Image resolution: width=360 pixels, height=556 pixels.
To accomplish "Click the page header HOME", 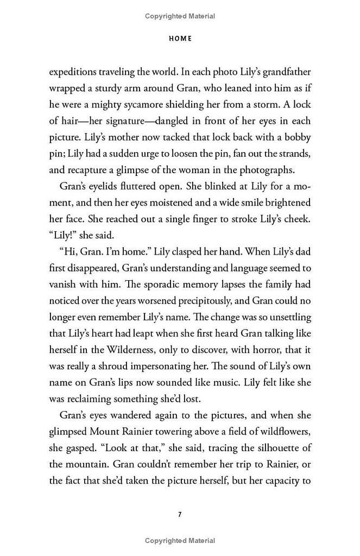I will tap(180, 39).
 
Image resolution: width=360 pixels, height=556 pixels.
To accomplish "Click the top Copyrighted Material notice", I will tap(180, 17).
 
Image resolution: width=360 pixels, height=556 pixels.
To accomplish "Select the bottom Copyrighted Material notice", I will tap(180, 541).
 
